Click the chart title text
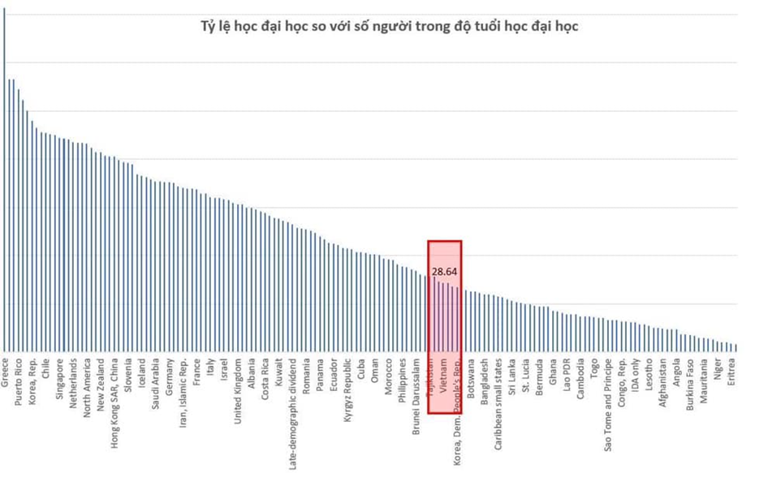(389, 26)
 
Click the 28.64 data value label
(445, 272)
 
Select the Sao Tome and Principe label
(609, 403)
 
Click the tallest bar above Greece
(4, 178)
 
